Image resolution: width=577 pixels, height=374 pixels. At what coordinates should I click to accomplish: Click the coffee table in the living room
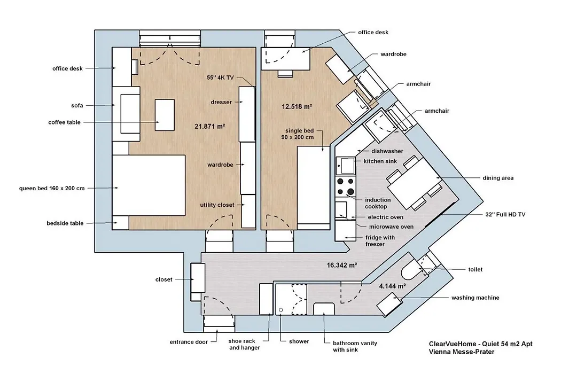[165, 115]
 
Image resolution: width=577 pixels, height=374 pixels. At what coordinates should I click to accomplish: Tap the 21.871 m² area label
[210, 126]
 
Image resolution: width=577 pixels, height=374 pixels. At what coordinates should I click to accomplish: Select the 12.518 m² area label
[297, 107]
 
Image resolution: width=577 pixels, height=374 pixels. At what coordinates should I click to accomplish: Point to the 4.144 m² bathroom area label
[393, 286]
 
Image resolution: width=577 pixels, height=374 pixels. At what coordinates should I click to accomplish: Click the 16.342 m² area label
[342, 265]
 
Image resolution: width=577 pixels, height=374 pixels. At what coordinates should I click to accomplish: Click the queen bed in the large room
[149, 185]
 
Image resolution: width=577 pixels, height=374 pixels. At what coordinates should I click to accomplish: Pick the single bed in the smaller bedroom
[314, 188]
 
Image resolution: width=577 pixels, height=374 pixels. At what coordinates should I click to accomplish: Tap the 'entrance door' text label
[189, 342]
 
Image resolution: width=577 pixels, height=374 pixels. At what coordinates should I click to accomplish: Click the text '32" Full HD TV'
[505, 215]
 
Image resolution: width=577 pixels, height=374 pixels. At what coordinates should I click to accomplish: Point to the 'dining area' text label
[498, 178]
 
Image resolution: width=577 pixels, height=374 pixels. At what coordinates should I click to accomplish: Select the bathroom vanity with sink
[324, 309]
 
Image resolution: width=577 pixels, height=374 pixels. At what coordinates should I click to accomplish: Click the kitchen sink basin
[346, 166]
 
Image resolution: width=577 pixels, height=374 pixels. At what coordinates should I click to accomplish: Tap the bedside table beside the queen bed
[120, 223]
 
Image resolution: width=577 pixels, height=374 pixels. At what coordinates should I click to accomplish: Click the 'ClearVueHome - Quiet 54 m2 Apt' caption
[481, 344]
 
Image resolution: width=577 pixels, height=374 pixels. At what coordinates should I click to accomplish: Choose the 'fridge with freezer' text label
[380, 241]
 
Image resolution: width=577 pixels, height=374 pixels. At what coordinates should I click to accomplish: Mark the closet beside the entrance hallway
[198, 278]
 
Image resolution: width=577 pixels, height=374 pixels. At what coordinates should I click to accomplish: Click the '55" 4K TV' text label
[220, 77]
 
